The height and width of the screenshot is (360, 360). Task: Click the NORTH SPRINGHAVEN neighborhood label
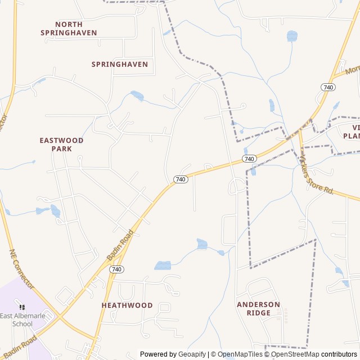pos(69,29)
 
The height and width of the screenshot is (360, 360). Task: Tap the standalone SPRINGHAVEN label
pos(120,64)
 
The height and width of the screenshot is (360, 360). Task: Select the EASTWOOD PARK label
pos(61,144)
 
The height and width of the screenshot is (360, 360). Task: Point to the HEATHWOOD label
pos(127,305)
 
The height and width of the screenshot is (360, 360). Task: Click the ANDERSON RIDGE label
pos(258,308)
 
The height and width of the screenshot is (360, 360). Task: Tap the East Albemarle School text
pos(24,319)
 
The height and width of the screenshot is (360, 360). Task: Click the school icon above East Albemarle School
pos(22,307)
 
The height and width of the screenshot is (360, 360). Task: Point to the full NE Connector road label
pos(22,269)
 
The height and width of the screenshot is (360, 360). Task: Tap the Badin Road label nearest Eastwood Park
pos(120,244)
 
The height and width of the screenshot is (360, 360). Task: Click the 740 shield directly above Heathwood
pos(116,269)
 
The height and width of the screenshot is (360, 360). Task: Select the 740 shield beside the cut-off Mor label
pos(328,87)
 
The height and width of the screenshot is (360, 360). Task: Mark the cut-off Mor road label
pos(352,70)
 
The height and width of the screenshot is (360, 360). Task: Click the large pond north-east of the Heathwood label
pos(163,265)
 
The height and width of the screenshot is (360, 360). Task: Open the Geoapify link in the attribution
pos(192,354)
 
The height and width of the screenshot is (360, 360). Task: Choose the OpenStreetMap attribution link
pos(295,354)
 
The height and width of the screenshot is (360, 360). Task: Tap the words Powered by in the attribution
pos(158,354)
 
